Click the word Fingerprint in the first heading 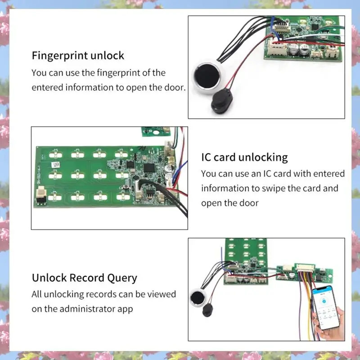56,56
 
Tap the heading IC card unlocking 244,157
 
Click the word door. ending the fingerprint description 173,87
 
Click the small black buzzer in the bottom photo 208,310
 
